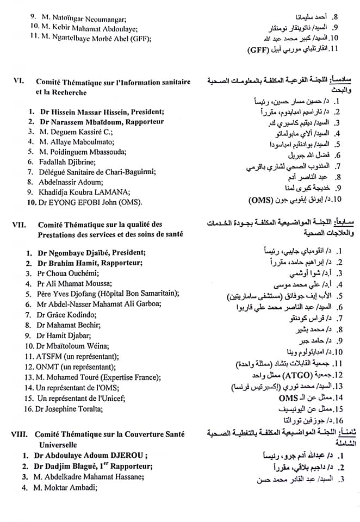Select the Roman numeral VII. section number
coord(19,224)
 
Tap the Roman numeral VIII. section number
coord(21,434)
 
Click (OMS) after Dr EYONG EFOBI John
coord(128,202)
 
